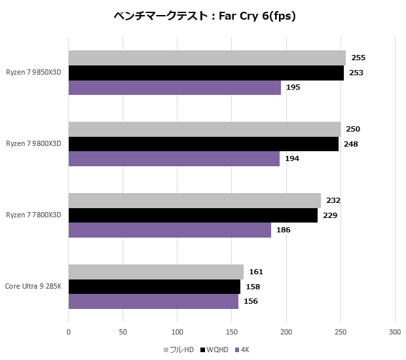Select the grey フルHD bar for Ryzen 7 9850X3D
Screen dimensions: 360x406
[207, 58]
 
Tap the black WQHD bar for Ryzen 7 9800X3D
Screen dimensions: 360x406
[203, 144]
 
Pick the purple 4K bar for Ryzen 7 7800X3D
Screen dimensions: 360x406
[170, 230]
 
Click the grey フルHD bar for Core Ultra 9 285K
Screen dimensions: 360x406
[156, 272]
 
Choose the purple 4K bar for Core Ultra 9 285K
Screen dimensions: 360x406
[153, 301]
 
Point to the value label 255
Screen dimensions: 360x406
[358, 58]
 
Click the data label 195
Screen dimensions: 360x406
[293, 87]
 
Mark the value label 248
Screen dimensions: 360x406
[351, 144]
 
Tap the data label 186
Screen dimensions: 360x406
[284, 230]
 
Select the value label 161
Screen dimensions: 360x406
[256, 272]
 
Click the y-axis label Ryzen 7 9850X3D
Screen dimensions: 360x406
[34, 73]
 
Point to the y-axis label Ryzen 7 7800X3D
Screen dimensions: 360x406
[34, 215]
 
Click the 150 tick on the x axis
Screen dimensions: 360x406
[231, 331]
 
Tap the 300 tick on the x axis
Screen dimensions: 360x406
[394, 331]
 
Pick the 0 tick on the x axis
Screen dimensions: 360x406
[69, 331]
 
